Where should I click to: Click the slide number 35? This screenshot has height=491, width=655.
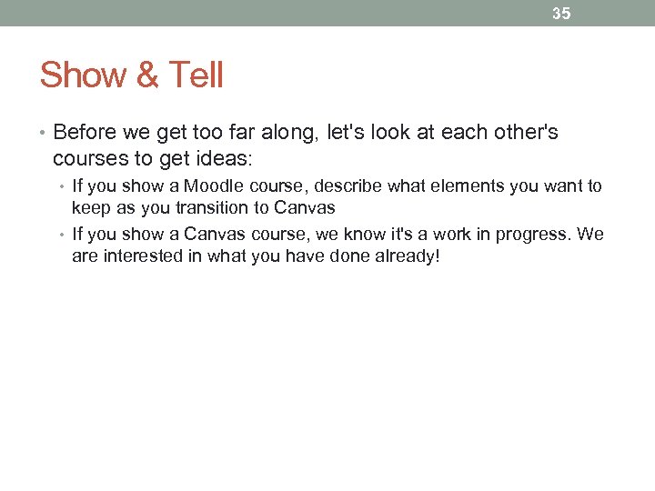click(x=561, y=14)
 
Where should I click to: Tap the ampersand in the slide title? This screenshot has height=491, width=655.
click(x=146, y=75)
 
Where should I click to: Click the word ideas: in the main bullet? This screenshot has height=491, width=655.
click(x=227, y=158)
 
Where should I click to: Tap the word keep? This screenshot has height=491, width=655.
click(x=89, y=207)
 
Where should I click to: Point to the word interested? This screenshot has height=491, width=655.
click(x=137, y=256)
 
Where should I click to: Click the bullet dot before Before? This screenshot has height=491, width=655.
click(x=43, y=134)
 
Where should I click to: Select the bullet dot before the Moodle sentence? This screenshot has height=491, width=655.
click(x=63, y=187)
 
